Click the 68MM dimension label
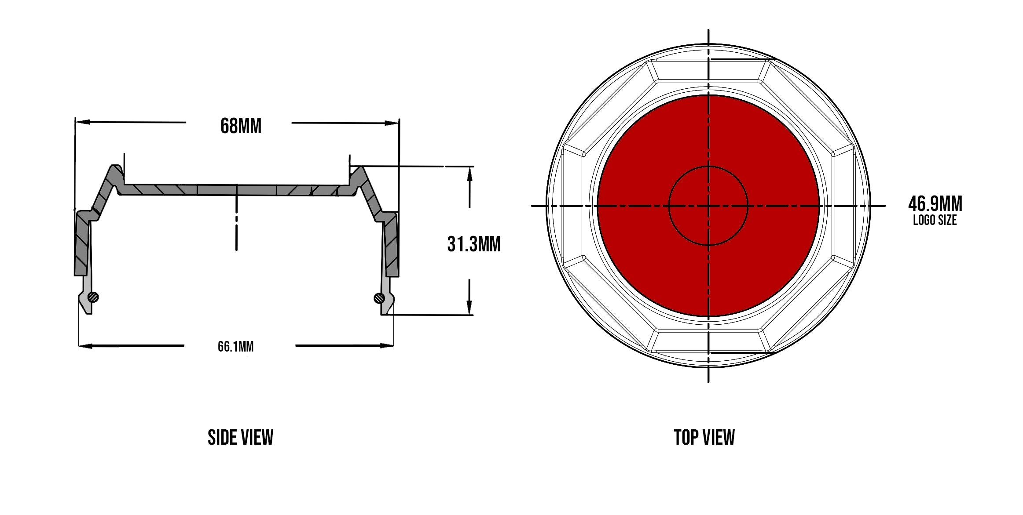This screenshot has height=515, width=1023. [x=241, y=126]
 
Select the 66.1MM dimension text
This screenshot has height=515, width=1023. [x=235, y=347]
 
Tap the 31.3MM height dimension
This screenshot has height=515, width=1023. [x=474, y=244]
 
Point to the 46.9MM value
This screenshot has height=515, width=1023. [x=935, y=204]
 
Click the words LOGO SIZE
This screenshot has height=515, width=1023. [x=935, y=220]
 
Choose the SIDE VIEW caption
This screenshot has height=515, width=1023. [x=240, y=438]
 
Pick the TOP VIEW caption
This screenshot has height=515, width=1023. [x=704, y=438]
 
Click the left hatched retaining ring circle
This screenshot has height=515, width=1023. [x=93, y=297]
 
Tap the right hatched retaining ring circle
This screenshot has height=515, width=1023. [x=379, y=298]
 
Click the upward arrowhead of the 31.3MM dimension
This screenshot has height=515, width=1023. [x=469, y=174]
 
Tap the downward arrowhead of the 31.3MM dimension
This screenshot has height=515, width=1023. [x=469, y=307]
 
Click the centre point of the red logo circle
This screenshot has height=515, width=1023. [x=708, y=205]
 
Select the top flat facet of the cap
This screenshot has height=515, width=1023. [x=708, y=70]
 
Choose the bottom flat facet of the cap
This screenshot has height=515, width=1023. [x=708, y=341]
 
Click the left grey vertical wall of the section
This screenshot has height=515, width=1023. [x=82, y=244]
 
